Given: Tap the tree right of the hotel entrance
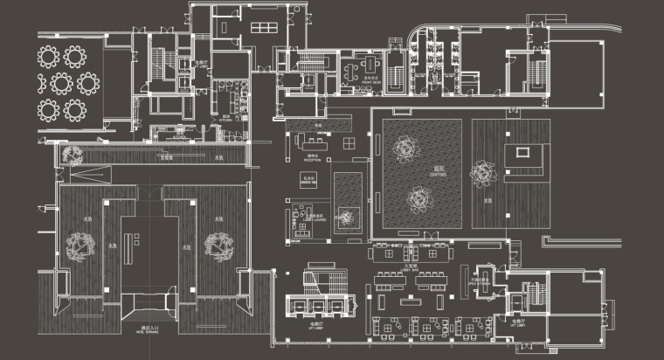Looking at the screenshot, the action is [x=218, y=247].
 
